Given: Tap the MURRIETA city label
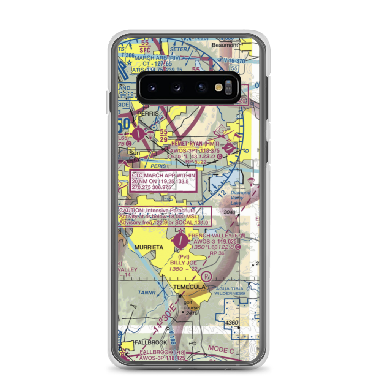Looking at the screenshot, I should click(x=148, y=247).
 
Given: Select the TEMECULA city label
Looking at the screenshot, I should click(x=189, y=287).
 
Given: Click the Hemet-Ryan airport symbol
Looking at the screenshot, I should click(x=229, y=148).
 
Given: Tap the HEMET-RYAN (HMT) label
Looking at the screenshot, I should click(x=195, y=144).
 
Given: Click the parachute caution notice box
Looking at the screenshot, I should click(x=164, y=217).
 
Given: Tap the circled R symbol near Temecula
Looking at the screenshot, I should click(x=207, y=276).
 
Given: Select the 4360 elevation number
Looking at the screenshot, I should click(x=231, y=323).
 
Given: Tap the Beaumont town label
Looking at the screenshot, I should click(x=225, y=45).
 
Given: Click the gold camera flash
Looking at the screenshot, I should click(x=218, y=87).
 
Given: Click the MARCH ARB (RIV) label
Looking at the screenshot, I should click(x=152, y=58).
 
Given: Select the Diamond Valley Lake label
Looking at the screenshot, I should click(x=241, y=198).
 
